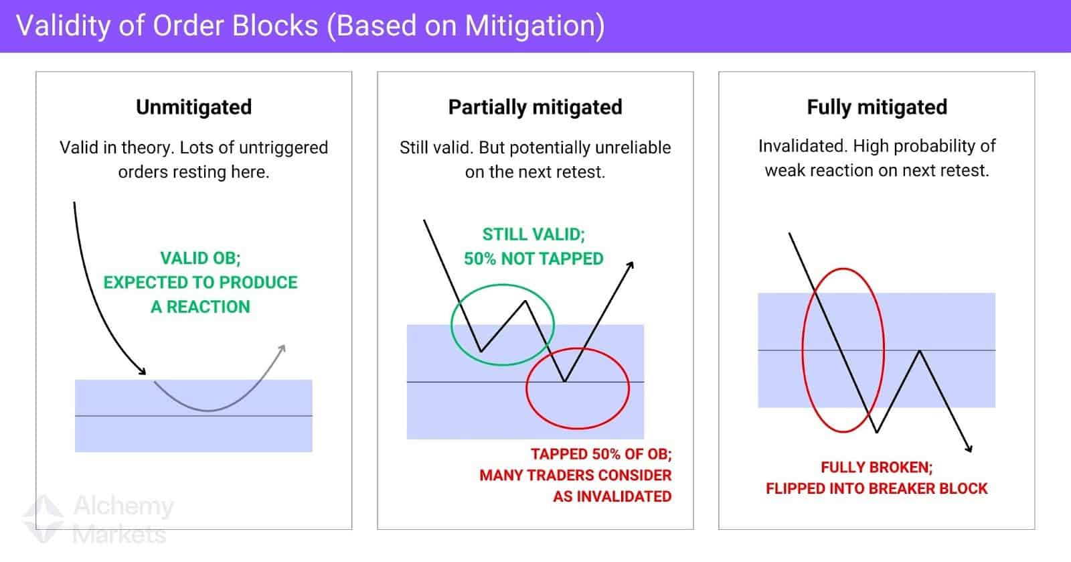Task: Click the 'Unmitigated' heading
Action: (x=193, y=107)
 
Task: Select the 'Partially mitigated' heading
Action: (x=535, y=107)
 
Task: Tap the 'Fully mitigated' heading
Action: (x=876, y=107)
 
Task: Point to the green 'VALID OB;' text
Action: (x=200, y=258)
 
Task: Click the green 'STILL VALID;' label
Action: (x=533, y=234)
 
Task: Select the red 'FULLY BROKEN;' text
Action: (x=876, y=467)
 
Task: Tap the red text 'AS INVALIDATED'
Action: (x=612, y=496)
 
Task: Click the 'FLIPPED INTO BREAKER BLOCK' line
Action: (x=876, y=488)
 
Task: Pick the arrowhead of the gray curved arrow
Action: (x=282, y=348)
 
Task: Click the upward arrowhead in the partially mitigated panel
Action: (x=629, y=266)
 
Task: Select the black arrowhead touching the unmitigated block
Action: (x=141, y=371)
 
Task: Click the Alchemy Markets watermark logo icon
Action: (x=44, y=518)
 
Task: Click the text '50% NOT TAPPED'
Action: (x=533, y=259)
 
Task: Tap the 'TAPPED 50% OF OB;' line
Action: (x=601, y=453)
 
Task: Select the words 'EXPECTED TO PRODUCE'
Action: (x=200, y=282)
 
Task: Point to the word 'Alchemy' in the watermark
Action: (x=123, y=506)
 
